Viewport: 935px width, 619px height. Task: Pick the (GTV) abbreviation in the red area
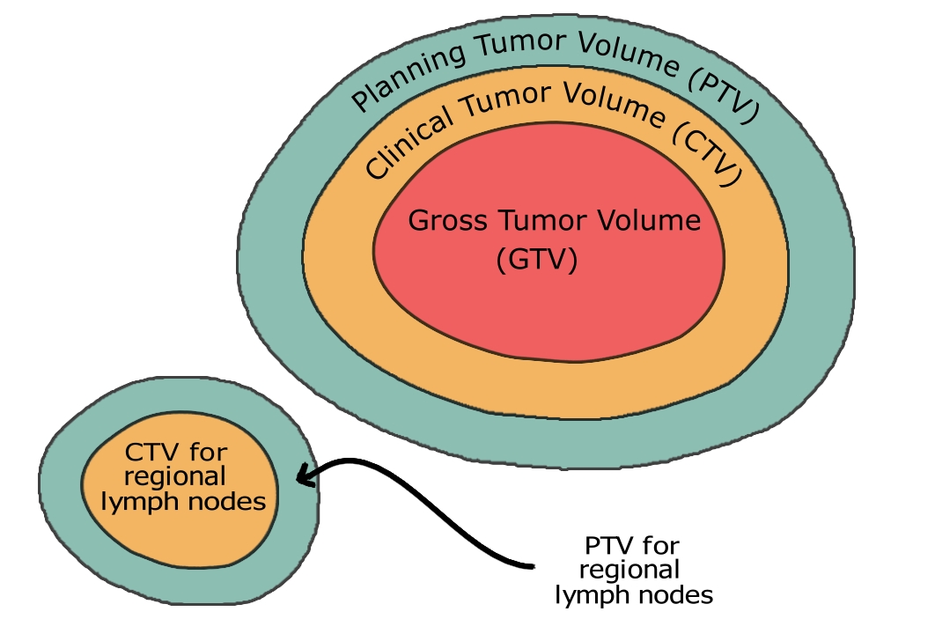(x=537, y=261)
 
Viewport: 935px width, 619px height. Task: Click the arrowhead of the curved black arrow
(x=303, y=477)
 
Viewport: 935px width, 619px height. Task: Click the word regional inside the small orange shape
(x=175, y=478)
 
